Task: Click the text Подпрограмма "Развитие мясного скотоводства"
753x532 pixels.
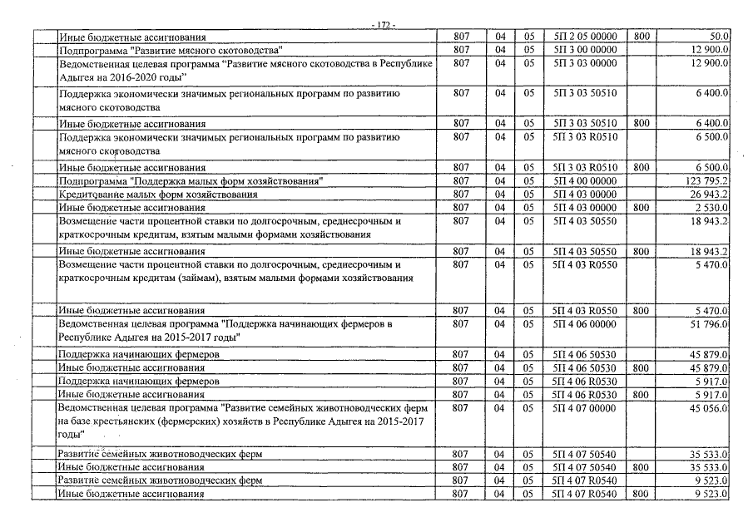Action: [x=171, y=51]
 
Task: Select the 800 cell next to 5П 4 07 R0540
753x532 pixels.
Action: [x=641, y=494]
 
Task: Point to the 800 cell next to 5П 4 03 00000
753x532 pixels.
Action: [x=641, y=207]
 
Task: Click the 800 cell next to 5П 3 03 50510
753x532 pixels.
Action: [x=641, y=123]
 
